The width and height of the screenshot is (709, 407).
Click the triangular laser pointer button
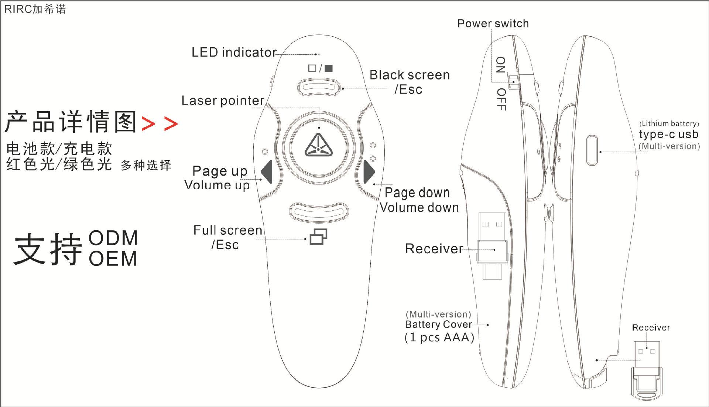click(x=318, y=146)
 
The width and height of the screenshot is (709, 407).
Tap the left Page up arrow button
click(x=267, y=172)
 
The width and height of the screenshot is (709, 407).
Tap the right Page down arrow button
click(x=369, y=172)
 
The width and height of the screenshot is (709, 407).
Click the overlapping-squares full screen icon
click(x=318, y=237)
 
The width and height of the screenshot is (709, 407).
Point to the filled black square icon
click(x=328, y=68)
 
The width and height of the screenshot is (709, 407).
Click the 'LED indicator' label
click(x=234, y=52)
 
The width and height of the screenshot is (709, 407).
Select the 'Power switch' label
click(x=493, y=24)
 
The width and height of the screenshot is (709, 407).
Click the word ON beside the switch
click(x=501, y=65)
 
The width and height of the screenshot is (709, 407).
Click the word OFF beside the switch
click(x=501, y=99)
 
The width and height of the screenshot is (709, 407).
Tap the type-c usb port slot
click(x=592, y=150)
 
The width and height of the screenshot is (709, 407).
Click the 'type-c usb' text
click(x=668, y=134)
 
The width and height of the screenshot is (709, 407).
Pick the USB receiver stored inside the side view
click(x=492, y=246)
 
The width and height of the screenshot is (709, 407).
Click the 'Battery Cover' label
click(x=438, y=325)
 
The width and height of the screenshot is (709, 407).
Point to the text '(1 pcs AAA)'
click(x=439, y=338)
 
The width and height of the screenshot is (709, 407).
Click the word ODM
click(x=113, y=238)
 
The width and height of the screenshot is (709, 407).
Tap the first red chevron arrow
click(x=148, y=124)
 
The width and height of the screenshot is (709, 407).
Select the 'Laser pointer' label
click(x=223, y=101)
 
